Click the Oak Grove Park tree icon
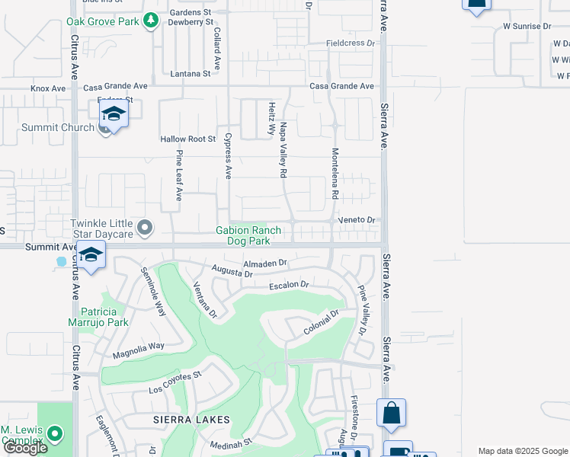(x=151, y=21)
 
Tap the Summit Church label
(x=57, y=127)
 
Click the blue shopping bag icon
(x=391, y=414)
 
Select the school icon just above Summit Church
(x=113, y=114)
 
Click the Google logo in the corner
(x=24, y=448)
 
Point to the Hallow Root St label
(x=188, y=139)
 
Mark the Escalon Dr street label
(x=289, y=286)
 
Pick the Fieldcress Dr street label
(x=351, y=43)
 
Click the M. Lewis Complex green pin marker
(x=54, y=434)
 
